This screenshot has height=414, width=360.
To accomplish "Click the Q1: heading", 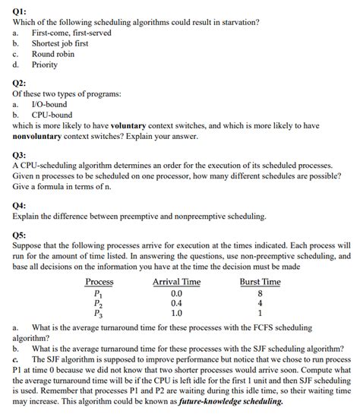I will click(20, 9).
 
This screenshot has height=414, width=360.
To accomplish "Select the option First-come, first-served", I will click(70, 33).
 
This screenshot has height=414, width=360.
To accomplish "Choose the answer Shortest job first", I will click(59, 43).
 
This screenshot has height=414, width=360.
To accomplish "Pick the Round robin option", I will click(53, 54).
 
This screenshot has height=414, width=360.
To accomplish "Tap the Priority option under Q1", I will click(44, 65).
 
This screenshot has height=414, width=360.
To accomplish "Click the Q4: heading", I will click(20, 205).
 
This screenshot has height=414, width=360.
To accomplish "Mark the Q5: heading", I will click(20, 235).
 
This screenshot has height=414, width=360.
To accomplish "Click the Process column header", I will click(99, 282).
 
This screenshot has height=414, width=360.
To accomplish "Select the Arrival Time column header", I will click(176, 282).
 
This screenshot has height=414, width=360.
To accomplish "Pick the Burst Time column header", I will click(260, 282).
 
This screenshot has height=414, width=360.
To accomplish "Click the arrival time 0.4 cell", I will click(176, 302).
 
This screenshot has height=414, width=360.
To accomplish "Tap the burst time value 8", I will click(260, 292).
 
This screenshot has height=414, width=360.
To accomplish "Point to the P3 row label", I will click(98, 312).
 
